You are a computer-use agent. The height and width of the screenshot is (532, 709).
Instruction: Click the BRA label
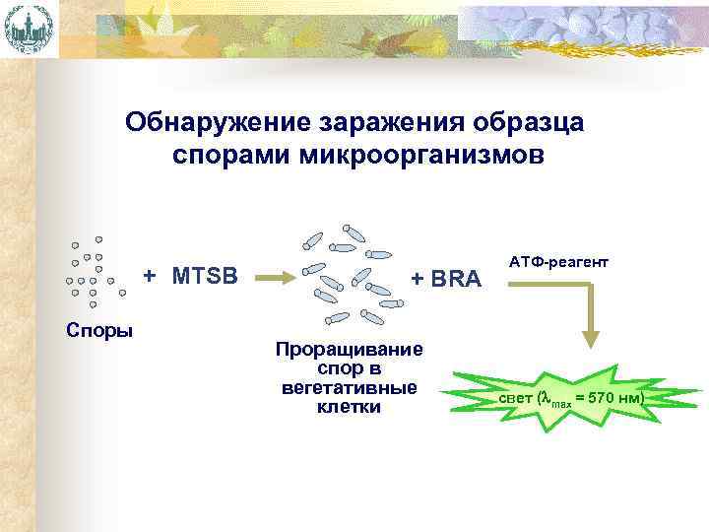tap(456, 279)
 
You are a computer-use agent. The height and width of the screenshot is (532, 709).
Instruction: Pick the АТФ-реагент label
tap(558, 264)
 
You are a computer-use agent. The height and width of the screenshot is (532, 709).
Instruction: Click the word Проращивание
tap(350, 350)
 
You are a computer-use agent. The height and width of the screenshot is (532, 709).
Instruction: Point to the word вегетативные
tap(350, 388)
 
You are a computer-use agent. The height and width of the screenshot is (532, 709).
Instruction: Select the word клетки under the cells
tap(350, 407)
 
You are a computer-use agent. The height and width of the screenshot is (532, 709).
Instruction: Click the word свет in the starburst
tap(515, 398)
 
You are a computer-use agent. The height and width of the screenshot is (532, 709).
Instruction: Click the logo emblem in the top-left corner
tap(29, 29)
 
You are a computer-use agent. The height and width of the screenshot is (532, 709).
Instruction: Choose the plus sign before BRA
tap(418, 279)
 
